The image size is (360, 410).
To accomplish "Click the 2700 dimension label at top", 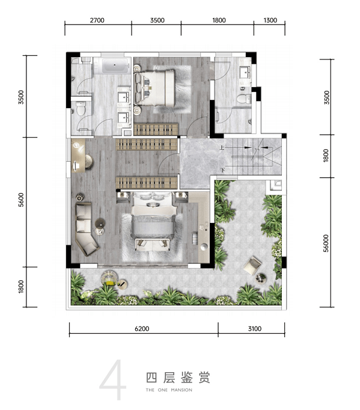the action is pyautogui.click(x=97, y=20).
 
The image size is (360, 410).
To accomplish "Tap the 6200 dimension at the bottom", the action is pyautogui.click(x=142, y=329).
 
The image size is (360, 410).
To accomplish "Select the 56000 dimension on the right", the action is pyautogui.click(x=326, y=243).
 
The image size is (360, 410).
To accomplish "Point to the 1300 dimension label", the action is pyautogui.click(x=270, y=20).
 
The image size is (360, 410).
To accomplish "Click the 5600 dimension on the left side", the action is pyautogui.click(x=21, y=200).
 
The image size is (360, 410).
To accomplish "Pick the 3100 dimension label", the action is pyautogui.click(x=255, y=329).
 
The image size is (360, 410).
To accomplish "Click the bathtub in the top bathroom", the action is pyautogui.click(x=115, y=66).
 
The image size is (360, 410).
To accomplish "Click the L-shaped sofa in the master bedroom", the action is pyautogui.click(x=86, y=228).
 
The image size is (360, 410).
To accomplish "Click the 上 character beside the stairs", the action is pyautogui.click(x=222, y=148).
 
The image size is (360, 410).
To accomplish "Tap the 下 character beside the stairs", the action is pyautogui.click(x=222, y=171).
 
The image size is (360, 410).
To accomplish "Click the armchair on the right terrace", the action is pyautogui.click(x=252, y=265).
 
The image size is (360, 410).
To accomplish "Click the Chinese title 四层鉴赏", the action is pyautogui.click(x=178, y=378).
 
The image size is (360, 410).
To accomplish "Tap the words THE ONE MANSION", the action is pyautogui.click(x=169, y=390).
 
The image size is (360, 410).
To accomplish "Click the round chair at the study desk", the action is pyautogui.click(x=89, y=161).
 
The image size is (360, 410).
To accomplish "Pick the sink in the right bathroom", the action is pyautogui.click(x=246, y=72).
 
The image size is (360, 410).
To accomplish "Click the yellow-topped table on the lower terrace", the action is pyautogui.click(x=109, y=277).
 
